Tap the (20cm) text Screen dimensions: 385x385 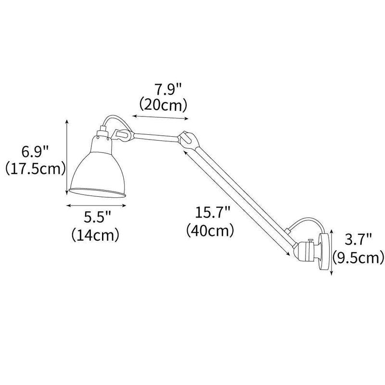point(163,104)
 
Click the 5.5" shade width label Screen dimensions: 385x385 point(97,217)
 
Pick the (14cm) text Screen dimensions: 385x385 point(96,234)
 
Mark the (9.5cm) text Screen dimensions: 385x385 point(357,258)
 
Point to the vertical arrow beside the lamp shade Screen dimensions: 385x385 point(66,158)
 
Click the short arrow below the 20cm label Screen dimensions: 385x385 point(161,117)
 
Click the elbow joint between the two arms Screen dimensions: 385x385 point(187,139)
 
